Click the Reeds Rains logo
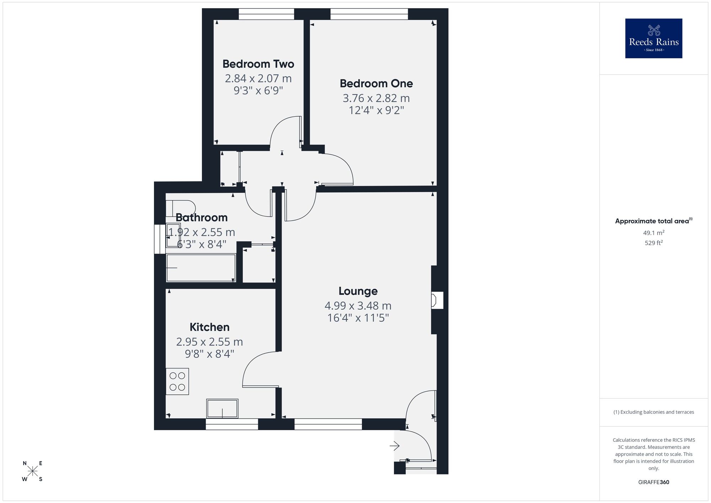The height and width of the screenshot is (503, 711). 653,38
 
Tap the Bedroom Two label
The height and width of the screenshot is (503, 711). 258,64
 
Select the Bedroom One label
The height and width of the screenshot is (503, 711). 376,84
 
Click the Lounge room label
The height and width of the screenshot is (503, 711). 358,291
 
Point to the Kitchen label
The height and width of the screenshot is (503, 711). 209,327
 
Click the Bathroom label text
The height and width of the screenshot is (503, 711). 202,217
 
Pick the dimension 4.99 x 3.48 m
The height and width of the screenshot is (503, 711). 358,306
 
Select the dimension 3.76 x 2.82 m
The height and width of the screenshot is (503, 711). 376,98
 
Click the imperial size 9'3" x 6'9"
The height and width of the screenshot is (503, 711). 258,91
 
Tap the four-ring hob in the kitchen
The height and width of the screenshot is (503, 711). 177,381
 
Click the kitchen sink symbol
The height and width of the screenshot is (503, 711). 222,408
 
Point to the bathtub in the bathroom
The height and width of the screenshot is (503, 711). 201,268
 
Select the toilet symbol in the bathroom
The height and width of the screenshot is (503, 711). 181,208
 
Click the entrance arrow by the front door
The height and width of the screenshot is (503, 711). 395,445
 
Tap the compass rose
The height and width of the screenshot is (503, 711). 33,471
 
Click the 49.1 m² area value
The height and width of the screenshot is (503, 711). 653,233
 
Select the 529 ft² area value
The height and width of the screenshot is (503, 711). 653,243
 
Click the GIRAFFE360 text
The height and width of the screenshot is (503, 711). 653,482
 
